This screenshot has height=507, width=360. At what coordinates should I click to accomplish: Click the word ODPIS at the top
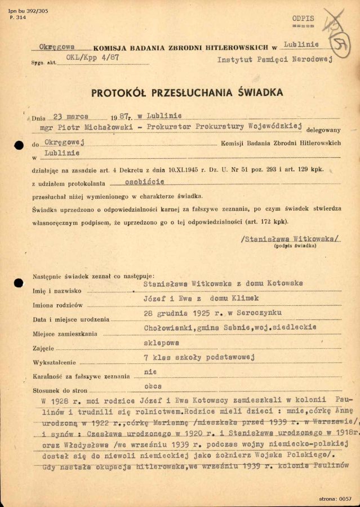click(x=303, y=19)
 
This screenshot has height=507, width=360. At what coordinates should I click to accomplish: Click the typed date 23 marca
click(x=73, y=117)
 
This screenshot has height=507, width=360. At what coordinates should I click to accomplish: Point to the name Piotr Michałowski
click(x=99, y=128)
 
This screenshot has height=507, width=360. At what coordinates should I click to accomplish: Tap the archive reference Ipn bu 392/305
click(x=20, y=11)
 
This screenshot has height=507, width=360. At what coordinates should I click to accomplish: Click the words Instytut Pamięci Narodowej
click(x=275, y=58)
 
